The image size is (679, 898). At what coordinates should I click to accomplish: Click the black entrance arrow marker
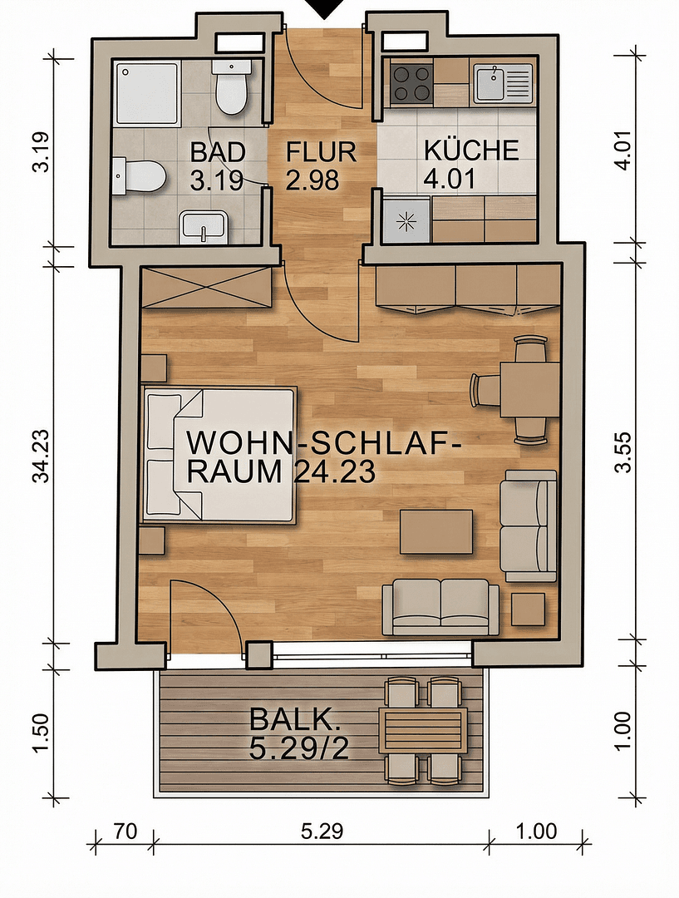click(324, 8)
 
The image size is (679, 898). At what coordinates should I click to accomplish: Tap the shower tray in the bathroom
click(147, 92)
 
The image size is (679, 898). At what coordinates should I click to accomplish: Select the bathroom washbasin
click(204, 227)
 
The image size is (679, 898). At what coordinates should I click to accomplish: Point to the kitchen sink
click(501, 83)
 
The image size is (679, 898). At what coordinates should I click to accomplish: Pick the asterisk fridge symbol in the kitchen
click(406, 220)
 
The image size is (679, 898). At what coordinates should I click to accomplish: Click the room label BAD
click(218, 152)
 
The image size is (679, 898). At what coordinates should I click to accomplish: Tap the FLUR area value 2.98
click(313, 180)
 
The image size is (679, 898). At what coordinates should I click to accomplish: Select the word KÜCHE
click(471, 150)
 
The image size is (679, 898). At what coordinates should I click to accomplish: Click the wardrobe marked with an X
click(206, 287)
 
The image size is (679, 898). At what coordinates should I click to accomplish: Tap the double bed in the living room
click(220, 454)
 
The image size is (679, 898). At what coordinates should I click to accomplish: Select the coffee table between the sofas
click(436, 531)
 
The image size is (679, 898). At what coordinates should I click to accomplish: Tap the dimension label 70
click(125, 831)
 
